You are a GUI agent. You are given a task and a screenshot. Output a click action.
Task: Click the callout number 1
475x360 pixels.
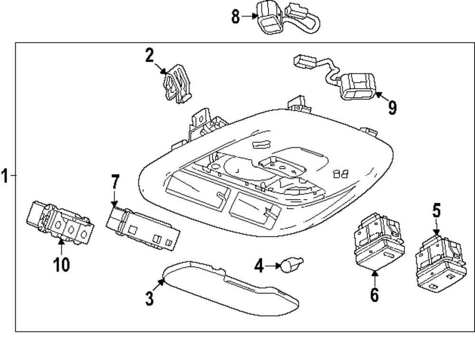pyautogui.click(x=5, y=176)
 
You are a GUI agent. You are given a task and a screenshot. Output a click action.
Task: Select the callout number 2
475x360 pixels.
pyautogui.click(x=149, y=56)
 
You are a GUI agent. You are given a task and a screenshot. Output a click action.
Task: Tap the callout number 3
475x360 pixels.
pyautogui.click(x=150, y=298)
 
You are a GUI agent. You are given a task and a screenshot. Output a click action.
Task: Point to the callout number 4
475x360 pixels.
pyautogui.click(x=259, y=266)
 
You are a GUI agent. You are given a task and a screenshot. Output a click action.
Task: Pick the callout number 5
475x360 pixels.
pyautogui.click(x=436, y=211)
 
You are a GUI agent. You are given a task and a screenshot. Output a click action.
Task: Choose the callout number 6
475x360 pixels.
pyautogui.click(x=374, y=294)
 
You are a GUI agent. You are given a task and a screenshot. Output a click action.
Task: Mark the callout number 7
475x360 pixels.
pyautogui.click(x=115, y=182)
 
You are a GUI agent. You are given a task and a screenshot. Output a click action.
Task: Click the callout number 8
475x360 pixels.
pyautogui.click(x=236, y=16)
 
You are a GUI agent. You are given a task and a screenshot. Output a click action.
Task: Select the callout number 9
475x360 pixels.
pyautogui.click(x=392, y=107)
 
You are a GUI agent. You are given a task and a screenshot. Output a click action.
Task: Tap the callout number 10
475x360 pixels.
pyautogui.click(x=61, y=265)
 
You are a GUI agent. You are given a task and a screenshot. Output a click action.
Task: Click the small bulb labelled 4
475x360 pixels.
pyautogui.click(x=292, y=265)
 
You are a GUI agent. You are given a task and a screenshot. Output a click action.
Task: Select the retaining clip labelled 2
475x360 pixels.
pyautogui.click(x=177, y=84)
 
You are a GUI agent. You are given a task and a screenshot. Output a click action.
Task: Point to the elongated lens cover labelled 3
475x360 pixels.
pyautogui.click(x=231, y=288)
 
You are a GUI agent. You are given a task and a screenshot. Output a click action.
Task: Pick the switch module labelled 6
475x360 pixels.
pyautogui.click(x=379, y=241)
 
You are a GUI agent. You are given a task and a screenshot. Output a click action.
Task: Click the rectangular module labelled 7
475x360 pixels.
pyautogui.click(x=142, y=228)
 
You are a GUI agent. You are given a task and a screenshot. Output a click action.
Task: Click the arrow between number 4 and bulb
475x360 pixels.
pyautogui.click(x=273, y=266)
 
